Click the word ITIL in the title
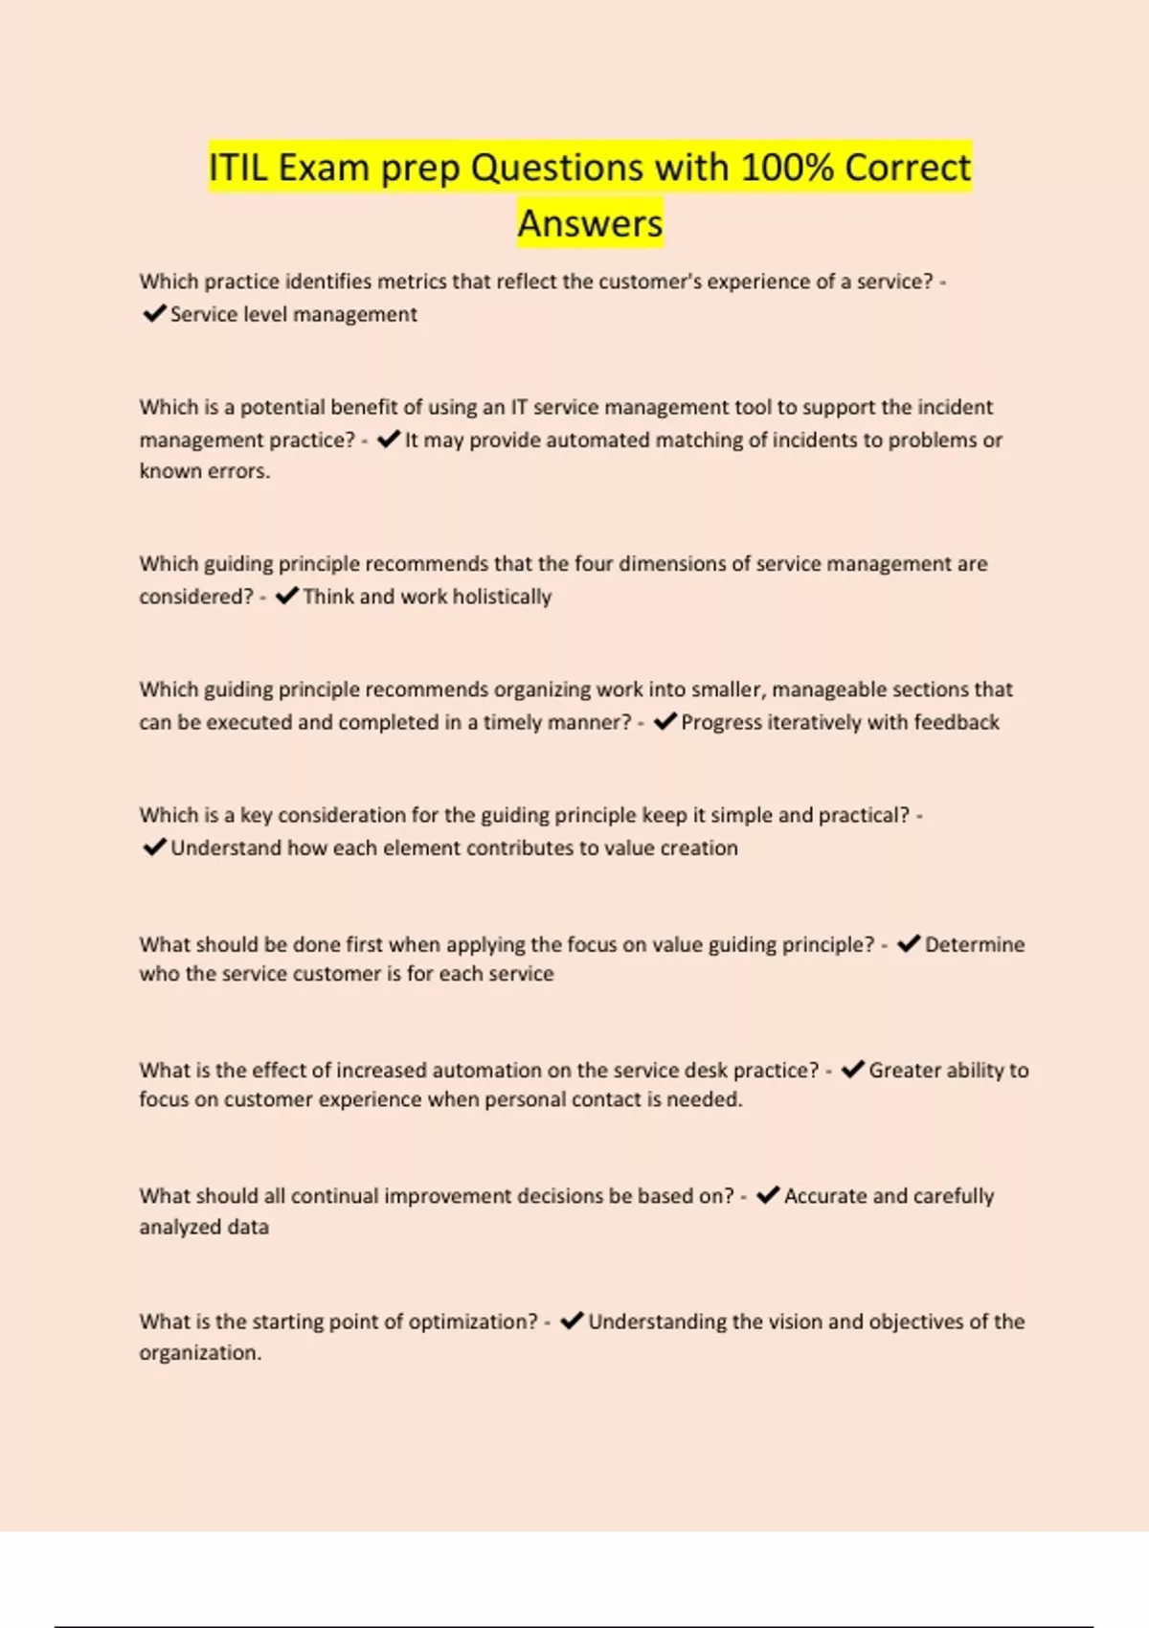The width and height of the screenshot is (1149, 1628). pos(239,168)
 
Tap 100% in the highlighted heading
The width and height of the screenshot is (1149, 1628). pos(786,168)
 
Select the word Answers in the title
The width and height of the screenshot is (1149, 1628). pos(590,223)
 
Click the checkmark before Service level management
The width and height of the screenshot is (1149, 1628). pos(153,313)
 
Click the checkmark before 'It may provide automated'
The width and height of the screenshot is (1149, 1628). pos(388,440)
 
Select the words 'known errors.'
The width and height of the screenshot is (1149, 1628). pos(204,471)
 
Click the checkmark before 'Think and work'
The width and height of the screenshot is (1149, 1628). pos(286,596)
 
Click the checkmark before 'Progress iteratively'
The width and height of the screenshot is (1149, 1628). pos(665,721)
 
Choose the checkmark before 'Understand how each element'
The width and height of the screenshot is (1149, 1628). pos(153,847)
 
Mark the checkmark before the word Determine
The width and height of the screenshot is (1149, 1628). pos(909,943)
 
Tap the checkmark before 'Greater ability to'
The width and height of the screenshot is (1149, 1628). pos(852,1069)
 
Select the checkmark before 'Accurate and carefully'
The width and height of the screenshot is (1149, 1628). pos(767,1195)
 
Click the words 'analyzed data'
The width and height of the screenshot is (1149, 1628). pos(204,1227)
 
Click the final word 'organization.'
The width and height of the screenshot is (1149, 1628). pos(200,1353)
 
